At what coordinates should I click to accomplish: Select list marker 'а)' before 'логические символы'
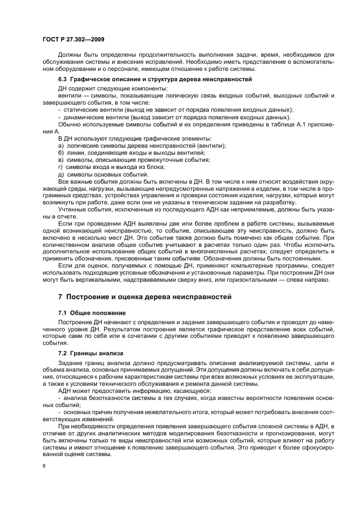pyautogui.click(x=61, y=145)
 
